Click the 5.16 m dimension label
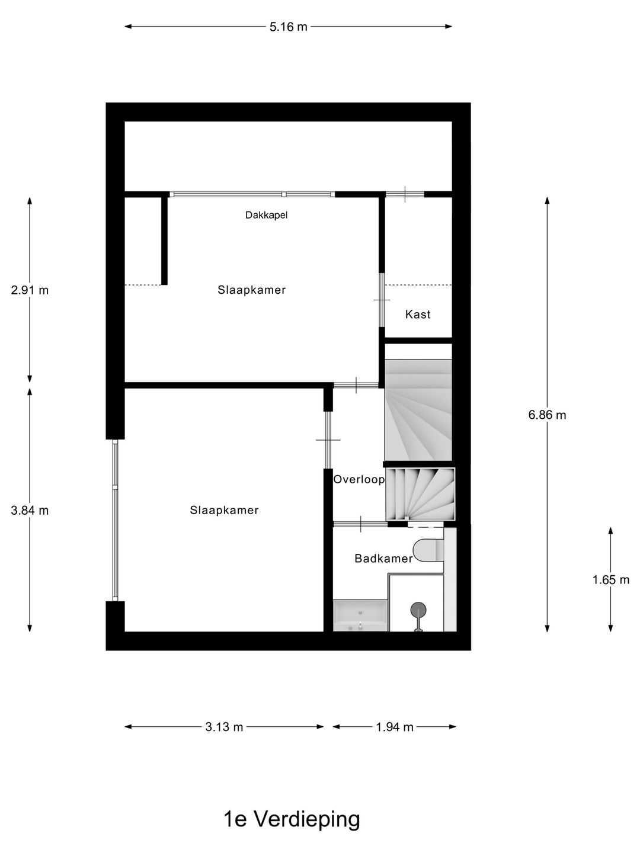(x=289, y=27)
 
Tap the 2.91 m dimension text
(x=30, y=290)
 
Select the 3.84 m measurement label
(x=30, y=511)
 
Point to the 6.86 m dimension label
(x=547, y=415)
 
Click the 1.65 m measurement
(x=611, y=580)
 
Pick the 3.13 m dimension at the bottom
(x=224, y=727)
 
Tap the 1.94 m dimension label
(x=395, y=727)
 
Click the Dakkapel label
(x=266, y=216)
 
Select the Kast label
(x=418, y=315)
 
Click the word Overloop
(x=359, y=480)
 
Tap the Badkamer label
(x=383, y=559)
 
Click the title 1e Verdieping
(x=292, y=819)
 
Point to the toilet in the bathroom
(x=428, y=550)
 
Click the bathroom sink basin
(x=360, y=616)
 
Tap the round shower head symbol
(x=418, y=610)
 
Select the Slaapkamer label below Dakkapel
(x=251, y=290)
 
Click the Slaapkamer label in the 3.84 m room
(x=224, y=511)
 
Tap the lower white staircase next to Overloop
(x=420, y=494)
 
